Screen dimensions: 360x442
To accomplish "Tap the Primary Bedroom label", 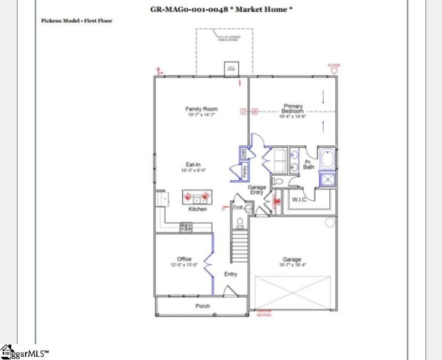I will pyautogui.click(x=293, y=108).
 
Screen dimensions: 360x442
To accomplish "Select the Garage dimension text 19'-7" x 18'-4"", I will pyautogui.click(x=292, y=266).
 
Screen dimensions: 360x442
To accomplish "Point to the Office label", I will pyautogui.click(x=184, y=259).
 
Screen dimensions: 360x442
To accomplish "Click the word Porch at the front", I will pyautogui.click(x=203, y=306).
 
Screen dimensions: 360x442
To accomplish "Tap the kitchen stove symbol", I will pyautogui.click(x=186, y=226).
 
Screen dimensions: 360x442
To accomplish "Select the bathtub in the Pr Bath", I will pyautogui.click(x=328, y=160).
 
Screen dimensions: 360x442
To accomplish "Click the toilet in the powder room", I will pyautogui.click(x=239, y=223).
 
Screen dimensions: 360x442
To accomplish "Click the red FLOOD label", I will pyautogui.click(x=334, y=65).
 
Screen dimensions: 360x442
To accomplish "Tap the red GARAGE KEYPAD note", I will pyautogui.click(x=264, y=313).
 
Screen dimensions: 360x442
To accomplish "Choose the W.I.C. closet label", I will pyautogui.click(x=300, y=199).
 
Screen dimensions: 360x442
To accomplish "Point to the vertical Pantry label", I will pyautogui.click(x=244, y=171).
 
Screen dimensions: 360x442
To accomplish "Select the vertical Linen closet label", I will pyautogui.click(x=243, y=153).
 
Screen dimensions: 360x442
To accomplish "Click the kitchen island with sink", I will pyautogui.click(x=198, y=197).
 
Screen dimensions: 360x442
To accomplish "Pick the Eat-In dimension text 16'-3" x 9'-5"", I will pyautogui.click(x=193, y=171).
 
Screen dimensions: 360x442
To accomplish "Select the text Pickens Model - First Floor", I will pyautogui.click(x=77, y=20).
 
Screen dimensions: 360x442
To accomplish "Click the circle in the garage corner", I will pyautogui.click(x=330, y=222).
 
